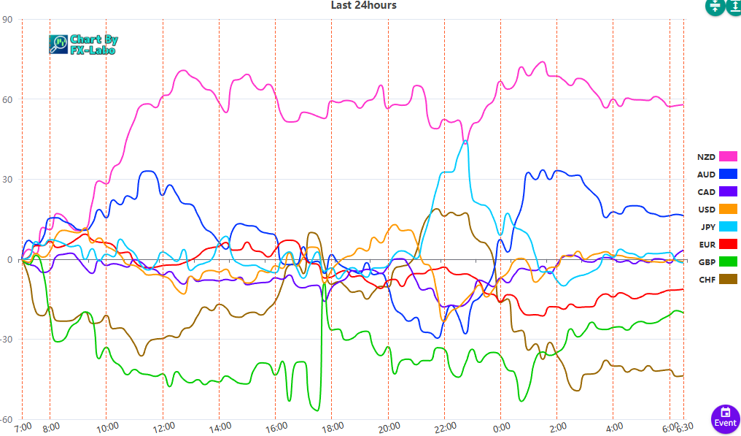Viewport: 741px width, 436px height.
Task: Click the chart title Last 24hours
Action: point(363,5)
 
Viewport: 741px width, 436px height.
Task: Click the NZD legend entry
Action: point(717,156)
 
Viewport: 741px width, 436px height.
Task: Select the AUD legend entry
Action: point(717,174)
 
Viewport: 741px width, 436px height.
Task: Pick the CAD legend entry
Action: point(717,191)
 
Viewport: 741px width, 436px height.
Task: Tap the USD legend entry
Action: point(717,209)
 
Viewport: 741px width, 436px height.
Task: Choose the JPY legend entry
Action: point(717,226)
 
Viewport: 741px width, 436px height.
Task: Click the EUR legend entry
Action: point(717,244)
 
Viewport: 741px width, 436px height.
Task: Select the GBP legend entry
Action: point(717,261)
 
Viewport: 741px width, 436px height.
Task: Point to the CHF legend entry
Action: point(717,279)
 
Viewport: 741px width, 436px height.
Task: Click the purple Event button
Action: point(725,416)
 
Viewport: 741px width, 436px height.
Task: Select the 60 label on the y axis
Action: point(8,99)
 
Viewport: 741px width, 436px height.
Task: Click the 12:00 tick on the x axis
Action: point(163,426)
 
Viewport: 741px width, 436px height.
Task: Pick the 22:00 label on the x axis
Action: point(444,426)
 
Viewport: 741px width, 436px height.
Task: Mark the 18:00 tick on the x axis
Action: point(332,426)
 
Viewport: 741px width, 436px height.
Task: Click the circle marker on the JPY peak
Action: point(465,142)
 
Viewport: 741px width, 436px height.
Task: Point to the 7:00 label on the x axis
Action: point(23,426)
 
